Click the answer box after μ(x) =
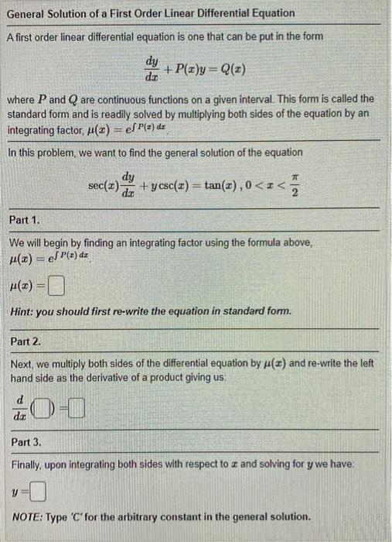(56, 290)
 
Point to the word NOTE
(28, 516)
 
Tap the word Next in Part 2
(24, 362)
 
